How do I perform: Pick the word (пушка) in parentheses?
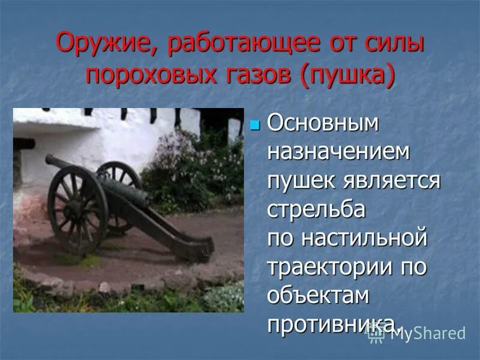350,77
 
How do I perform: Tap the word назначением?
339,152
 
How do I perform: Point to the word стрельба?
316,208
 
